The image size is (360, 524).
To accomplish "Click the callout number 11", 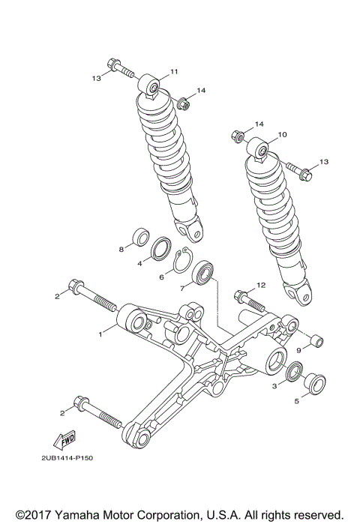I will (x=173, y=72).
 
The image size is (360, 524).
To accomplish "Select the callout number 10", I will (x=283, y=135).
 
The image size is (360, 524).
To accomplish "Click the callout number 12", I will (x=260, y=285).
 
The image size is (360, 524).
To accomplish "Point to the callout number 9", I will (x=297, y=349).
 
